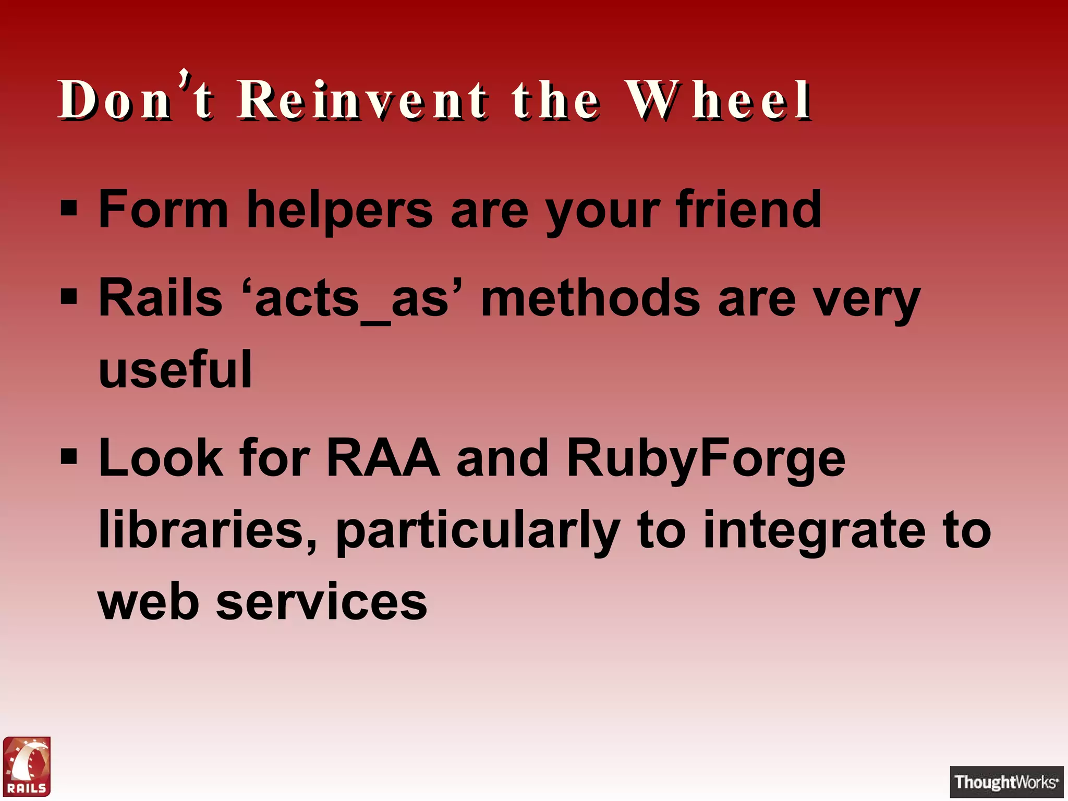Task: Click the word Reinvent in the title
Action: [x=362, y=100]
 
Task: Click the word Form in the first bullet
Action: [x=163, y=210]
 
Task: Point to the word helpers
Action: [x=339, y=211]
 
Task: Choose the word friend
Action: [x=748, y=210]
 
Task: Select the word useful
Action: [x=175, y=370]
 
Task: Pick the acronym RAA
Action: [x=383, y=458]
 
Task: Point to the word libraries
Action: [x=207, y=530]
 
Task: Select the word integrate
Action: [x=814, y=531]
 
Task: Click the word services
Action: [x=322, y=602]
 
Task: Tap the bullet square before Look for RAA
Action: [x=69, y=458]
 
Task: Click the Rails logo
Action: [x=27, y=766]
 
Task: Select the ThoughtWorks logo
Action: [x=1006, y=782]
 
